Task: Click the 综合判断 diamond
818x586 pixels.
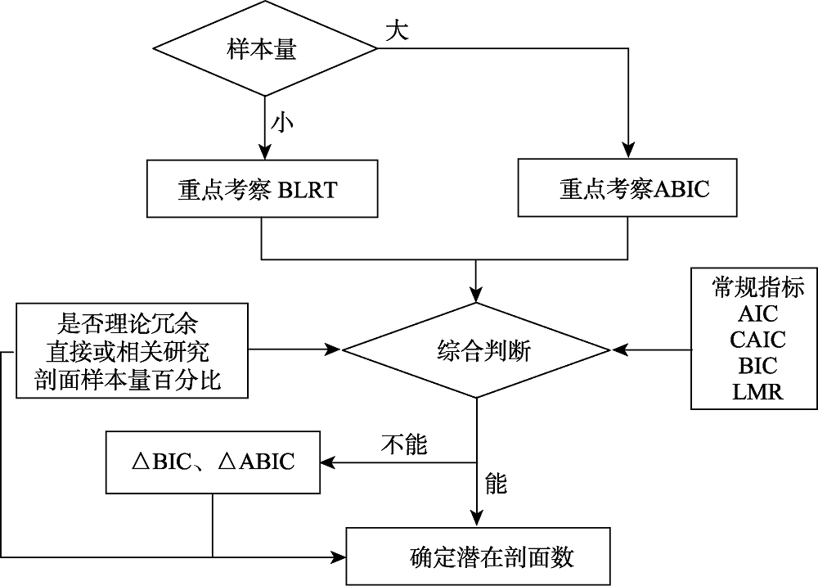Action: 476,351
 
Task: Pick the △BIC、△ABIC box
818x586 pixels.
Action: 213,462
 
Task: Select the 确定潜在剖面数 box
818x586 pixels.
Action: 491,557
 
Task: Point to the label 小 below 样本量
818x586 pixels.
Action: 283,123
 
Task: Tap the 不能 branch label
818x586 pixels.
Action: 404,445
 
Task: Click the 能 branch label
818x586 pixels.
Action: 496,483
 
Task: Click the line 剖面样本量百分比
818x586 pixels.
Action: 128,381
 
